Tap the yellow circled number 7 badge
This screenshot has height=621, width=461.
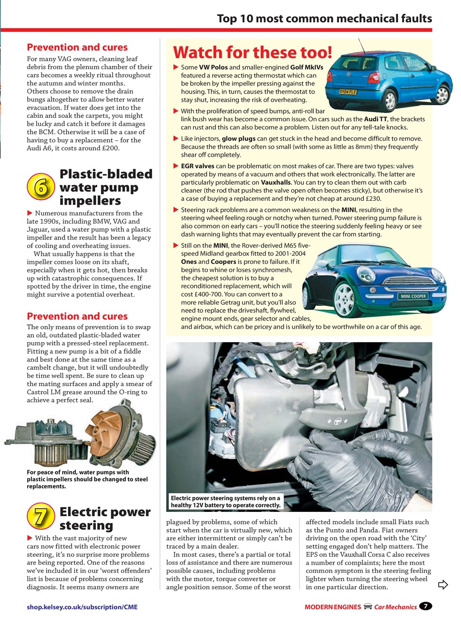(x=41, y=517)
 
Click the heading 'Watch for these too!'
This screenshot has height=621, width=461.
(x=253, y=52)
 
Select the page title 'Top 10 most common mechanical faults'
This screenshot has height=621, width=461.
(x=324, y=19)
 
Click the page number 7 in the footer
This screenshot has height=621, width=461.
(x=426, y=606)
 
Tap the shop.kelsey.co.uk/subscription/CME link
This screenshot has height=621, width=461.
(x=82, y=606)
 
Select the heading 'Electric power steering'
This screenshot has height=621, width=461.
(x=104, y=518)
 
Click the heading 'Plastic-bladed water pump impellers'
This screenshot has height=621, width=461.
(x=105, y=187)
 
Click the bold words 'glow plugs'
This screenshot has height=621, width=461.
(x=238, y=138)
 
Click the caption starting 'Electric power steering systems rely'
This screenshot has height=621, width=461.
(x=225, y=502)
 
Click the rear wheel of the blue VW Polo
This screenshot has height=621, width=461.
(x=390, y=99)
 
